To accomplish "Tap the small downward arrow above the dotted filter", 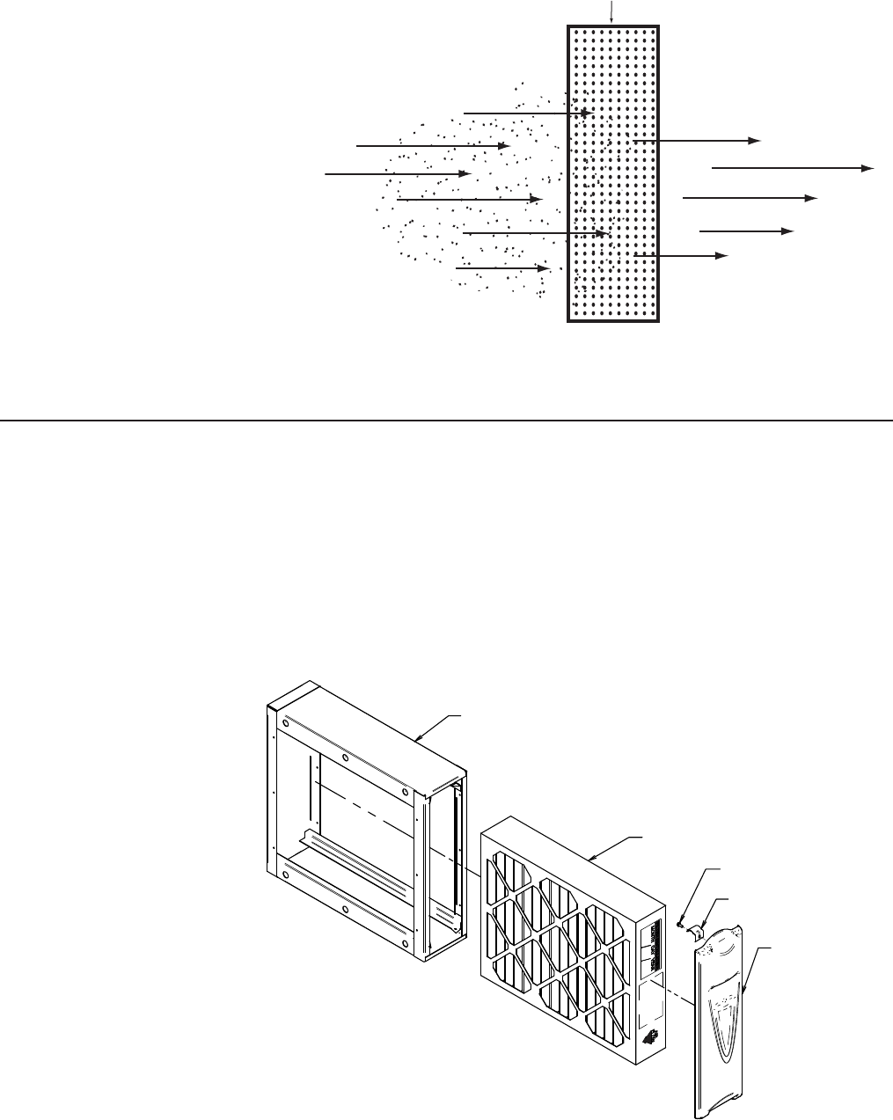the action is (x=612, y=11).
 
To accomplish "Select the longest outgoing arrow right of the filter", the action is (x=792, y=166).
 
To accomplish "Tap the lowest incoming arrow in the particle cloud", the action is (x=502, y=267).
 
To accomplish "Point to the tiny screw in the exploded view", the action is (x=681, y=925).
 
